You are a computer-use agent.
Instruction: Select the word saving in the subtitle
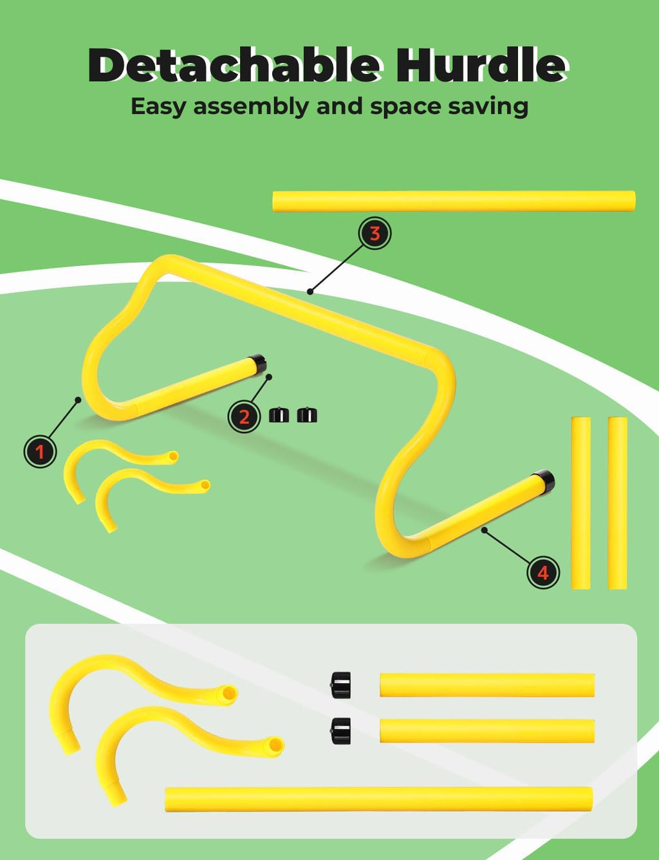coord(488,107)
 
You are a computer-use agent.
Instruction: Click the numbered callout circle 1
coord(40,452)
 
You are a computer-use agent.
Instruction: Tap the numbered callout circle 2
coord(244,416)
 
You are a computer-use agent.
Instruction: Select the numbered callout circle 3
coord(375,233)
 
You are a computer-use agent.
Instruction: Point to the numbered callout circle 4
coord(543,572)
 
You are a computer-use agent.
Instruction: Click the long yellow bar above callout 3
coord(454,201)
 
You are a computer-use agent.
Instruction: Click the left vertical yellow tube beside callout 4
coord(580,503)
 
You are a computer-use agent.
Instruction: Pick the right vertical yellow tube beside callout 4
coord(617,503)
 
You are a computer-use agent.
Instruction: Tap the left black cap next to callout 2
coord(279,415)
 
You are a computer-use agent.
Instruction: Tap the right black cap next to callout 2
coord(307,415)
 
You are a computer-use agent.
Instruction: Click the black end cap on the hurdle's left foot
coord(259,364)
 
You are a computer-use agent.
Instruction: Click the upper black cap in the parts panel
coord(340,685)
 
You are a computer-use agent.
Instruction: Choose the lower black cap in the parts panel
coord(340,731)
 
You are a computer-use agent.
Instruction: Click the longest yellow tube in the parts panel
coord(379,799)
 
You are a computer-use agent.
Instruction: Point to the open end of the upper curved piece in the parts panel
coord(229,694)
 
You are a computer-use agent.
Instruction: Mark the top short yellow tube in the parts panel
coord(487,685)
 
